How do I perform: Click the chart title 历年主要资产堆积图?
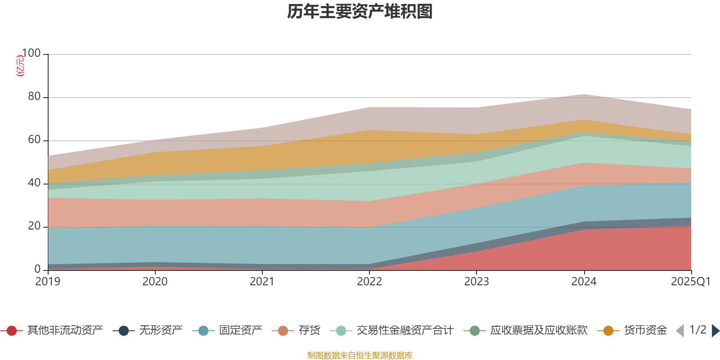(x=360, y=12)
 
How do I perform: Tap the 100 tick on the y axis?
(x=31, y=53)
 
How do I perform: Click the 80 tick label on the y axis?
(x=34, y=96)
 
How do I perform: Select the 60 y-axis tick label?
(x=34, y=139)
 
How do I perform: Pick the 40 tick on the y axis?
(x=34, y=183)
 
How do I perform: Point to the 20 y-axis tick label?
(x=34, y=226)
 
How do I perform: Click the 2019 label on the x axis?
(x=48, y=282)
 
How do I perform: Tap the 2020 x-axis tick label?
(x=155, y=282)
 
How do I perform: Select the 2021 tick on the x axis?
(x=262, y=282)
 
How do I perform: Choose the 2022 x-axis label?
(x=369, y=282)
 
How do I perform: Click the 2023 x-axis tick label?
(x=476, y=282)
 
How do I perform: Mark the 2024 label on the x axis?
(x=584, y=282)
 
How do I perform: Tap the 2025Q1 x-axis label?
(x=690, y=282)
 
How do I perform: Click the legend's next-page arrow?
(x=715, y=331)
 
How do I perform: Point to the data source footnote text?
(x=360, y=355)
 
